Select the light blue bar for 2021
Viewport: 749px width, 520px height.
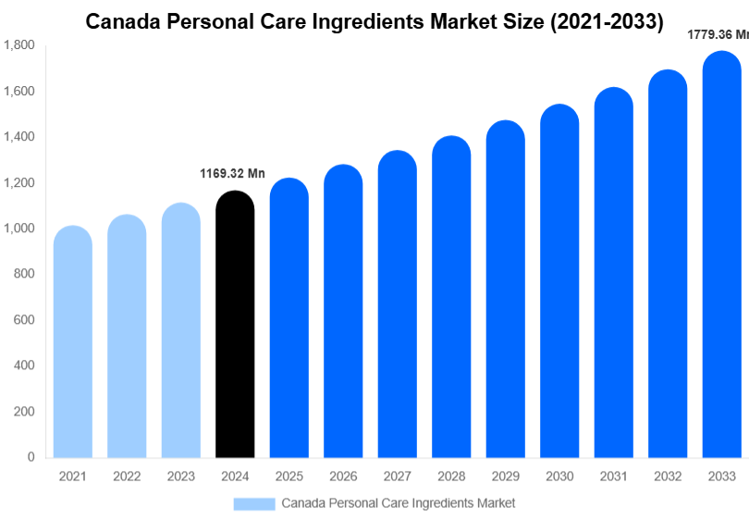pos(73,341)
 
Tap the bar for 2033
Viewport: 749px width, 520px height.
pos(721,254)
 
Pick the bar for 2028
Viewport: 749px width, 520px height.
pos(451,296)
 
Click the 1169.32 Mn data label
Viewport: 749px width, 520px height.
pos(233,174)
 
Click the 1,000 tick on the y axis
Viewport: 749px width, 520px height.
pos(18,229)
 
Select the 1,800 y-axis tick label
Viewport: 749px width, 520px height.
pos(18,45)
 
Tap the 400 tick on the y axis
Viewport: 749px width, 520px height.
pos(24,365)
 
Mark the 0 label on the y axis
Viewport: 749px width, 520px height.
pos(31,457)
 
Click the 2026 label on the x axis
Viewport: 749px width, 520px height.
pos(343,477)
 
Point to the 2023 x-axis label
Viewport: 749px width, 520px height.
pos(181,477)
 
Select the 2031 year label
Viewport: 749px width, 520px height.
pos(613,477)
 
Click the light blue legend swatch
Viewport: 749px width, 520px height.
pos(254,503)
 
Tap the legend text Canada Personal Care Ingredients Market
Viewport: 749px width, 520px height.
pos(398,503)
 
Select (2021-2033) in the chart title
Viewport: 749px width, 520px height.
pos(607,22)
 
